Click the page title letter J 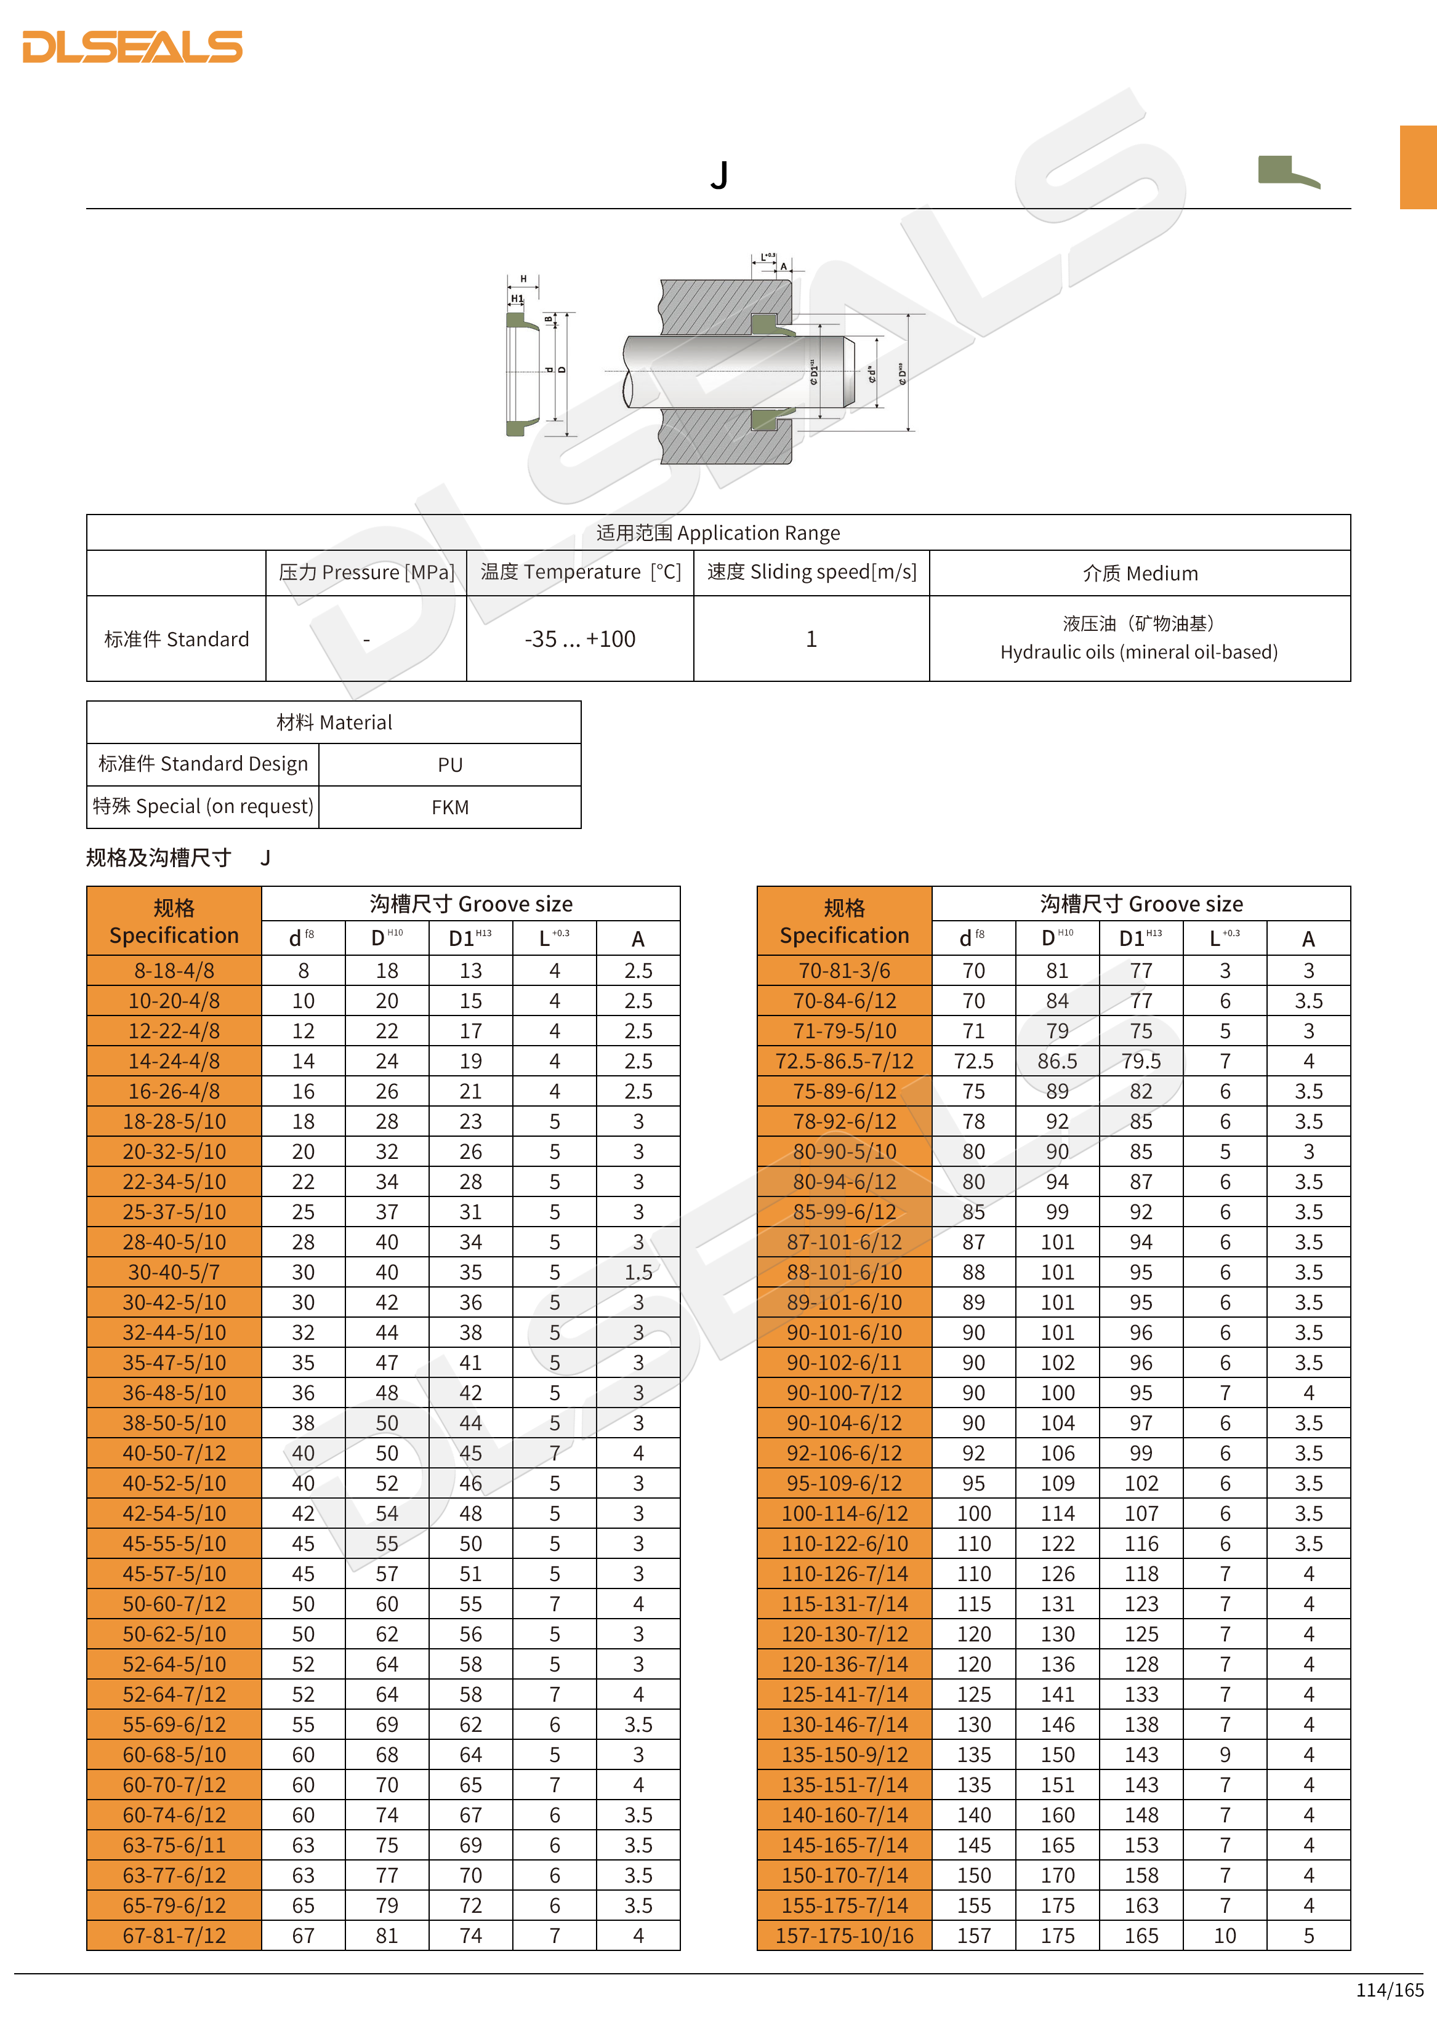click(718, 175)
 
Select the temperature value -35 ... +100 click(579, 639)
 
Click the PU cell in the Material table click(449, 765)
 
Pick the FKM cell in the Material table click(449, 807)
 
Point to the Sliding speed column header click(811, 572)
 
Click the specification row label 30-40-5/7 click(174, 1272)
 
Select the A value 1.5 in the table click(638, 1272)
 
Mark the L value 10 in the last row click(1225, 1936)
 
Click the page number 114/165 click(1389, 1989)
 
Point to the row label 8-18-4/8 click(174, 971)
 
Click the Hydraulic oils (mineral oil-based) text click(1139, 652)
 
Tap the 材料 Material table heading click(334, 723)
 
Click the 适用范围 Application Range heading click(718, 532)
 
